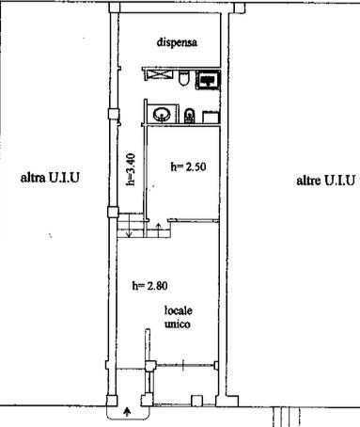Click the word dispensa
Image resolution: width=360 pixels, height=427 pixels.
pos(177,42)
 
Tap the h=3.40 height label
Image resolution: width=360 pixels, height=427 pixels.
pos(132,169)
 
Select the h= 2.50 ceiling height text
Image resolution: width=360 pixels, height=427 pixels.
pos(188,166)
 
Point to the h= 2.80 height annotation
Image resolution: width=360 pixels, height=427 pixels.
pos(149,286)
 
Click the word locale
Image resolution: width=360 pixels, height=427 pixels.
pos(179,310)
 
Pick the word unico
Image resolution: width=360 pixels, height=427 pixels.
pos(178,324)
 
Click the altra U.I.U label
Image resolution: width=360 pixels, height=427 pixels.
pos(50,178)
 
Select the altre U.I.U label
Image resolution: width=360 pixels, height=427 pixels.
pos(326,181)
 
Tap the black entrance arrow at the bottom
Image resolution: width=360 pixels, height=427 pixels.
pos(127,411)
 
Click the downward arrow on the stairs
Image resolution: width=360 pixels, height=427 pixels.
pos(129,228)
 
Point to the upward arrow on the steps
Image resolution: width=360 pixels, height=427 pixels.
pos(158,229)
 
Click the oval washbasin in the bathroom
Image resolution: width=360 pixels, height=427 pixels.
pos(162,114)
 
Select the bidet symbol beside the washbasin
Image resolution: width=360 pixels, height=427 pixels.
pos(189,116)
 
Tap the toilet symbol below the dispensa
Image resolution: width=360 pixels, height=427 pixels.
pos(183,78)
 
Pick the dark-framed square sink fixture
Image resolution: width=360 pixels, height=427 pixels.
pos(209,80)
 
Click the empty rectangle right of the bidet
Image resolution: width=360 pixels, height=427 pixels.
pos(211,117)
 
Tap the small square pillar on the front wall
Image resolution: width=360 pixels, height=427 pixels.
pos(196,401)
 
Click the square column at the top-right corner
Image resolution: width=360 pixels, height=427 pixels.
pos(240,8)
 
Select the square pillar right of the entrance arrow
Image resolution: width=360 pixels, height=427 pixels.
pos(147,401)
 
